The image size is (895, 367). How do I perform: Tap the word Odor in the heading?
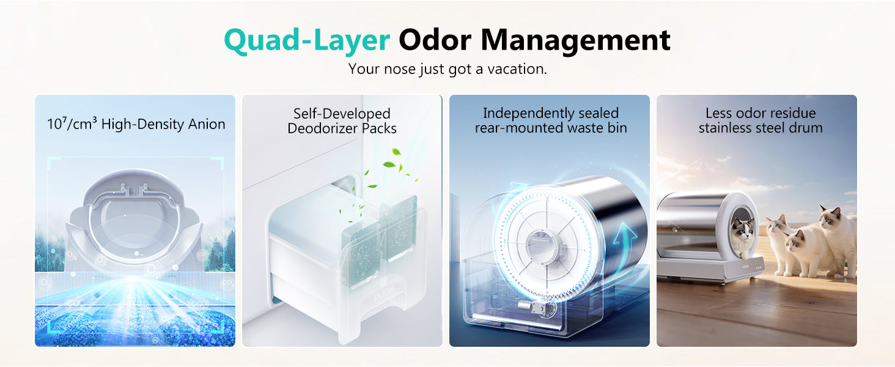click(435, 40)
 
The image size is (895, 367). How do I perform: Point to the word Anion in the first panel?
click(207, 124)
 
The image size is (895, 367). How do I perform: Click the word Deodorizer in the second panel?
click(322, 128)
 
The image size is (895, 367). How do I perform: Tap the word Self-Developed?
click(342, 114)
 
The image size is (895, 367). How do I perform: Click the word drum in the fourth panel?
click(805, 128)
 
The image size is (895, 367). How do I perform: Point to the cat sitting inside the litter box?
click(743, 237)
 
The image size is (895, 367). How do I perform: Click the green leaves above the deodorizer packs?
click(389, 168)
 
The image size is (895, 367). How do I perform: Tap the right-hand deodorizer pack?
click(399, 228)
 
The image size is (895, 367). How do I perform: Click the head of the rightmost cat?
click(830, 217)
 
